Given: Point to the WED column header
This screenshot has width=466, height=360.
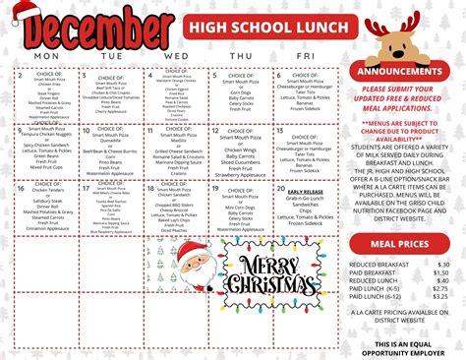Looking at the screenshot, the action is point(177,55).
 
